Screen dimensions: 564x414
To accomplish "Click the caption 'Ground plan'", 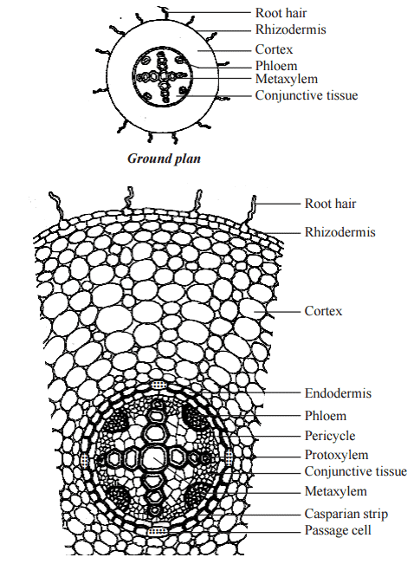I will point(165,159).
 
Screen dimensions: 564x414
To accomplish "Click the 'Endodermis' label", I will point(338,392).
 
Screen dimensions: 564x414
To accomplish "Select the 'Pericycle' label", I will point(330,435).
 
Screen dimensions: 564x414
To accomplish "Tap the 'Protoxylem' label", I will point(336,455).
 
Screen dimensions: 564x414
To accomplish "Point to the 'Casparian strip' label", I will point(346,514).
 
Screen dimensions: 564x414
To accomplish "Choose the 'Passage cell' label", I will point(338,529).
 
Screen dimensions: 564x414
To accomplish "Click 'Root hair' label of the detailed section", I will point(330,204).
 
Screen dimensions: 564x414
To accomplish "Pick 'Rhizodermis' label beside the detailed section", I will point(340,232).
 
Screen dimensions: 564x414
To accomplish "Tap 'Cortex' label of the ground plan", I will point(274,49).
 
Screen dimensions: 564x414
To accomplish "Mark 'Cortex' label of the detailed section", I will point(323,309).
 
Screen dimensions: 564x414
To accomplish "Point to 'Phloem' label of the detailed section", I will point(325,415).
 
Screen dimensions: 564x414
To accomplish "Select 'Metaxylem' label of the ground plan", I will point(284,79).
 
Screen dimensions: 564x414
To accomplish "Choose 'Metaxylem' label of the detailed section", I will point(333,491).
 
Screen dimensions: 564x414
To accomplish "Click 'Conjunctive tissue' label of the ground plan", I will point(306,95).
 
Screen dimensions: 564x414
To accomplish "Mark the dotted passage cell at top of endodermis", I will point(157,384).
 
